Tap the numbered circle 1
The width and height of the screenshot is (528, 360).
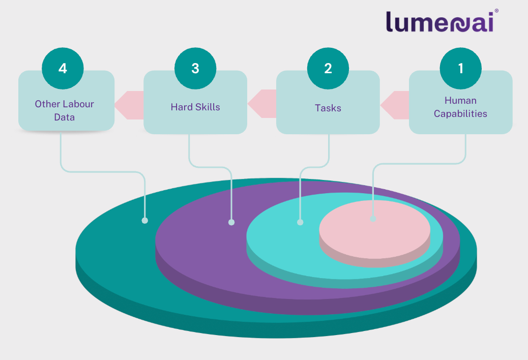point(461,69)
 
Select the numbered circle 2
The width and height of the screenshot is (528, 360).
point(328,69)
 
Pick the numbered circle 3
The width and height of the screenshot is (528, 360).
point(195,69)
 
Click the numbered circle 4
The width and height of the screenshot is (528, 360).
point(63,69)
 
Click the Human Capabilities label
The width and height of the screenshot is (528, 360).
point(460,107)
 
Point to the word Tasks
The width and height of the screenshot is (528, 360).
point(328,108)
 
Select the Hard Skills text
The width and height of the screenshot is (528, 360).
point(195,107)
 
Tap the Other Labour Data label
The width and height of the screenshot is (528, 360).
point(65,110)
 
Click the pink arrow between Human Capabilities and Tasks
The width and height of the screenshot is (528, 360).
point(394,105)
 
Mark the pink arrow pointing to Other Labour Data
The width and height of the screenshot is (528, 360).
point(128,105)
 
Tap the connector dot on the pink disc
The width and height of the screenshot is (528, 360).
point(373,219)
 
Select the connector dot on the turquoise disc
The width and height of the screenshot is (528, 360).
point(300,222)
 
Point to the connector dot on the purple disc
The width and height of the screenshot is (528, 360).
point(231,222)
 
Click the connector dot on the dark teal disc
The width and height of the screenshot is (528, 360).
point(145,221)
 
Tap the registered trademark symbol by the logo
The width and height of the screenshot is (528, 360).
point(496,10)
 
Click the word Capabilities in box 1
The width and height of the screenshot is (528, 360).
point(460,114)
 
